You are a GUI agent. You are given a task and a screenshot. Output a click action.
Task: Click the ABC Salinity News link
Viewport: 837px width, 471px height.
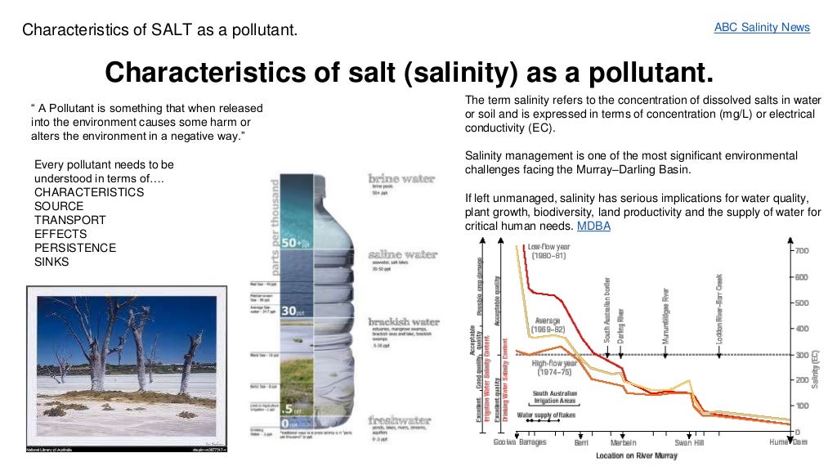click(x=762, y=28)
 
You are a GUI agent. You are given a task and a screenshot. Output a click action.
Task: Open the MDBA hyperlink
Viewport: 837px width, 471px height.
click(x=593, y=226)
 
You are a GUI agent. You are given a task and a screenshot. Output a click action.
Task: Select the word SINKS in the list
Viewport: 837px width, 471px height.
click(x=51, y=262)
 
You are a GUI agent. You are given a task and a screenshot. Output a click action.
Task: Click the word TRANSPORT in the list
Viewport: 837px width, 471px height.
click(x=70, y=220)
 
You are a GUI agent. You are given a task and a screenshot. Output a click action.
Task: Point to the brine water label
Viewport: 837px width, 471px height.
click(x=401, y=178)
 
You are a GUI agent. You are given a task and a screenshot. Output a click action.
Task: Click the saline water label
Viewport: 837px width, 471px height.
click(x=402, y=254)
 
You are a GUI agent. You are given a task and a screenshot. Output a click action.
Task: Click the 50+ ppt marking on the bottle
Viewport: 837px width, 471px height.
click(x=293, y=243)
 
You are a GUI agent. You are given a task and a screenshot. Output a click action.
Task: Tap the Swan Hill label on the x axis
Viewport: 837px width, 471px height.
click(x=689, y=442)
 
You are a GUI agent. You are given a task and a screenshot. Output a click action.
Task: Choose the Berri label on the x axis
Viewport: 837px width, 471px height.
click(x=581, y=442)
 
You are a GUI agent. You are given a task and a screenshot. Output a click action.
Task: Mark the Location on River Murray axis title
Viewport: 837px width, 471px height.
click(x=637, y=455)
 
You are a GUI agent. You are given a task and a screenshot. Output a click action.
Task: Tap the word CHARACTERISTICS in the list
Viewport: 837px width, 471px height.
click(x=89, y=192)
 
